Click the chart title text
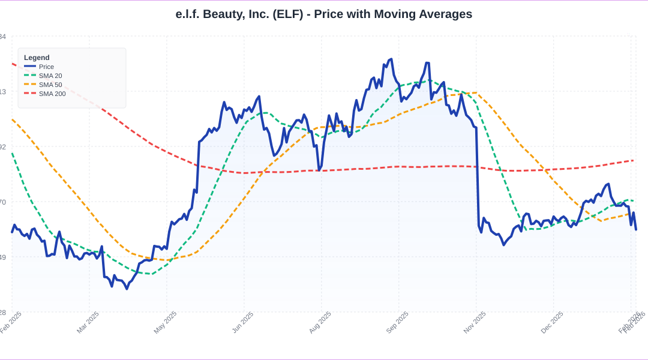pyautogui.click(x=324, y=14)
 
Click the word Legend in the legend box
pyautogui.click(x=37, y=58)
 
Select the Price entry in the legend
pyautogui.click(x=46, y=67)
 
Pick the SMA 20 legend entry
pyautogui.click(x=50, y=76)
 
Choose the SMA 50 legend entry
pyautogui.click(x=50, y=85)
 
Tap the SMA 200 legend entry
pyautogui.click(x=52, y=94)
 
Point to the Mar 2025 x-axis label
pyautogui.click(x=88, y=322)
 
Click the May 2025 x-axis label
pyautogui.click(x=166, y=322)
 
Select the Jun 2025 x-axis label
pyautogui.click(x=243, y=322)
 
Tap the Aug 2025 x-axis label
pyautogui.click(x=320, y=322)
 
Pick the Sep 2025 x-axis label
pyautogui.click(x=398, y=322)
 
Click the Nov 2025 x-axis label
pyautogui.click(x=475, y=322)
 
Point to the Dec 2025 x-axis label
pyautogui.click(x=553, y=322)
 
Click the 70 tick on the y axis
pyautogui.click(x=3, y=202)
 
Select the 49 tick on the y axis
pyautogui.click(x=3, y=257)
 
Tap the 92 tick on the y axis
pyautogui.click(x=3, y=147)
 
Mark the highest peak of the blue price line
pyautogui.click(x=391, y=59)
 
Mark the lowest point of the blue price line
pyautogui.click(x=127, y=289)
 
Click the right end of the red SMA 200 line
pyautogui.click(x=634, y=160)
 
